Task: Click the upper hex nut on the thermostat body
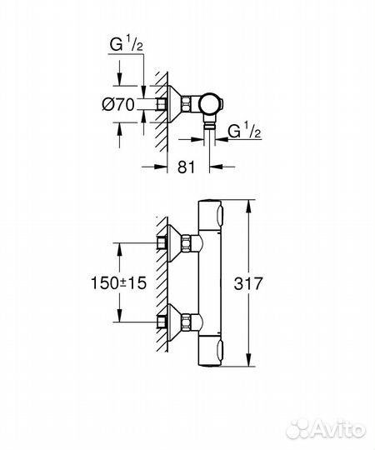point(187,243)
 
